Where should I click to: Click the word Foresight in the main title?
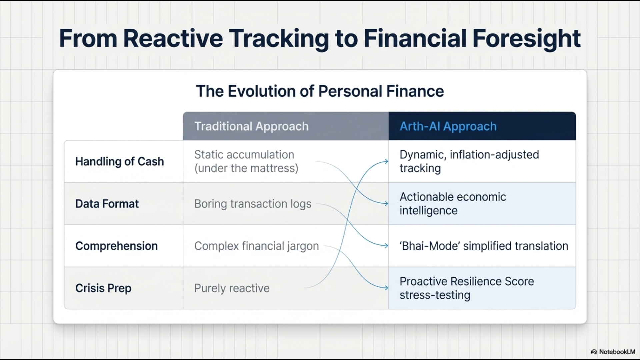click(x=527, y=39)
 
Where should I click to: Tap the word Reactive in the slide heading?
click(x=173, y=38)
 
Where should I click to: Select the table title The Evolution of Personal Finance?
click(x=320, y=91)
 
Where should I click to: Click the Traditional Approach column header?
click(x=252, y=126)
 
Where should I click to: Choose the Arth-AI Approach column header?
click(x=448, y=126)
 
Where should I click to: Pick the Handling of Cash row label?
click(x=120, y=161)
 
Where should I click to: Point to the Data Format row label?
click(x=107, y=204)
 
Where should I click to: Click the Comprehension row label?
click(x=117, y=246)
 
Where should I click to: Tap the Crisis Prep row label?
click(x=103, y=288)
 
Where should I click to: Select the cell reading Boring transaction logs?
click(x=253, y=204)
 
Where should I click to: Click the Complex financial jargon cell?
click(x=256, y=246)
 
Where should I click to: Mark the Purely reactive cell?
click(x=232, y=288)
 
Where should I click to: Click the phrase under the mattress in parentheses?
click(x=246, y=168)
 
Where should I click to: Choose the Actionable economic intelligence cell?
click(x=453, y=204)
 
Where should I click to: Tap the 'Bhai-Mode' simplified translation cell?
click(x=484, y=246)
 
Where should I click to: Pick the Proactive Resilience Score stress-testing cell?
click(x=467, y=288)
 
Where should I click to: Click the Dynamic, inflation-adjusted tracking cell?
click(x=469, y=161)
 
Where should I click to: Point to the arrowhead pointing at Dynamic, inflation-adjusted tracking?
click(x=386, y=161)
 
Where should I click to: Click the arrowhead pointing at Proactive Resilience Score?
click(x=386, y=288)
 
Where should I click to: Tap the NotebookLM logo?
click(x=613, y=352)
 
